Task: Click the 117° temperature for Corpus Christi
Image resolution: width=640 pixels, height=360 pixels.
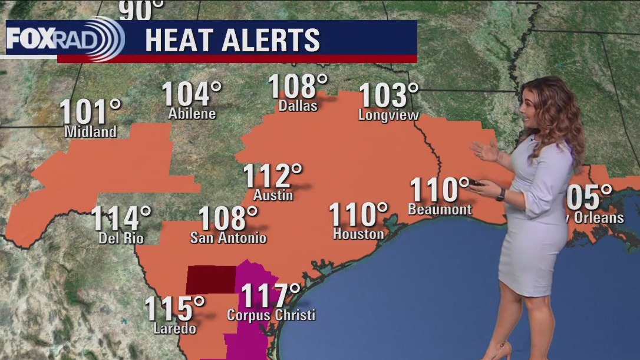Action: (x=271, y=295)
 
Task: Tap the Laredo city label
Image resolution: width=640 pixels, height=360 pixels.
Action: (x=174, y=328)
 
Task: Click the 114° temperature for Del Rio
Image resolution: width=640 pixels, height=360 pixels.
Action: (x=121, y=219)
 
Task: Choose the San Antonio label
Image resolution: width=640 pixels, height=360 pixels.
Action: (x=228, y=238)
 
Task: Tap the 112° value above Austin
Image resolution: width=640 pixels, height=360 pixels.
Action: (x=272, y=176)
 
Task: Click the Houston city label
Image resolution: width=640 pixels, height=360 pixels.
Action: (x=358, y=234)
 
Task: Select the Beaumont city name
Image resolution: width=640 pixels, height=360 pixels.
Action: (x=440, y=209)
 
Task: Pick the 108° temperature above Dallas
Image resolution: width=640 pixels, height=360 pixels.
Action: (x=298, y=87)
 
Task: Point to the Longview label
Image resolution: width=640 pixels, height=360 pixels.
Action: (x=388, y=115)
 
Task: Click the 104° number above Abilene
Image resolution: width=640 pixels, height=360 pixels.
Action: (x=192, y=94)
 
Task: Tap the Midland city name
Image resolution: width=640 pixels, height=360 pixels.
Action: (x=90, y=132)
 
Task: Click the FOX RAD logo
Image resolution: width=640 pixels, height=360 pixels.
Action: (x=65, y=39)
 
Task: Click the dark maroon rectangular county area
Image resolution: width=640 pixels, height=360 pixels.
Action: (x=210, y=279)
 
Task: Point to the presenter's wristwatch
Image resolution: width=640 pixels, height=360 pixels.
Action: (x=501, y=194)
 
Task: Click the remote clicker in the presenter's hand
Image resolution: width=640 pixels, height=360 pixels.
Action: (x=477, y=183)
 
